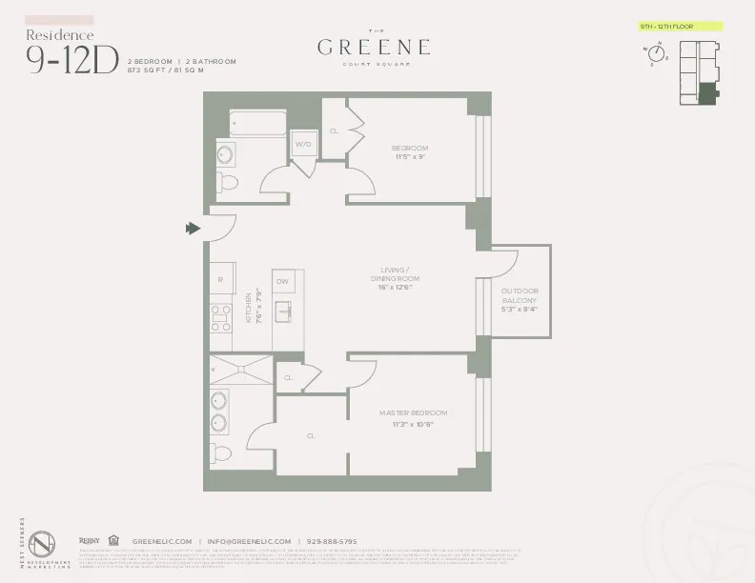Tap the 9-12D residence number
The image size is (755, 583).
[x=72, y=60]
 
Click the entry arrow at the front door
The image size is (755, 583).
[x=193, y=228]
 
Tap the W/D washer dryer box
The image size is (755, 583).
[x=304, y=145]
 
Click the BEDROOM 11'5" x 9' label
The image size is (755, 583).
[x=410, y=153]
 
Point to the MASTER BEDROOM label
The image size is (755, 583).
[x=413, y=418]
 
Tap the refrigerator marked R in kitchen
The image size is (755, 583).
[x=220, y=281]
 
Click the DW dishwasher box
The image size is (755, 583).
[x=282, y=282]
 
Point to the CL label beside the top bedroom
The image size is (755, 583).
[x=334, y=131]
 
